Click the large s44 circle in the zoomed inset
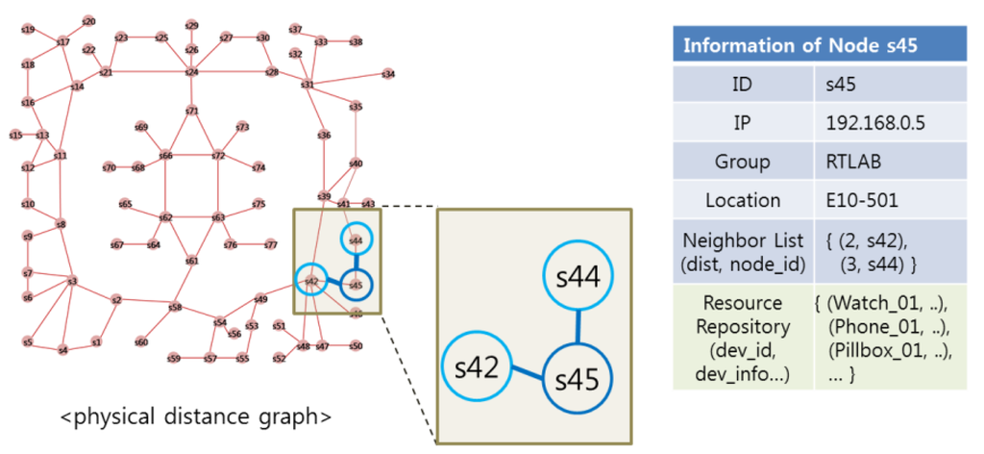[x=579, y=278]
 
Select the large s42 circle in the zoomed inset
[x=477, y=369]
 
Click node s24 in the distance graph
[x=191, y=72]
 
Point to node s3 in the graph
[x=72, y=281]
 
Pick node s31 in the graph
[x=307, y=85]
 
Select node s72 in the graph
[x=218, y=155]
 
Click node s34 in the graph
[x=388, y=73]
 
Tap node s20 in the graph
[x=88, y=20]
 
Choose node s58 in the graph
[x=175, y=308]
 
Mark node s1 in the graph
[x=96, y=341]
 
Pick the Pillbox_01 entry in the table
[x=887, y=352]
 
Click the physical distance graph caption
[x=196, y=417]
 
